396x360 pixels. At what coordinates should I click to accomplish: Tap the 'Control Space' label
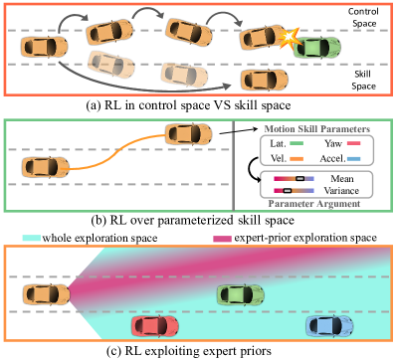coord(363,16)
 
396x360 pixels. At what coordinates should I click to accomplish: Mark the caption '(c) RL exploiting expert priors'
coord(198,351)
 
